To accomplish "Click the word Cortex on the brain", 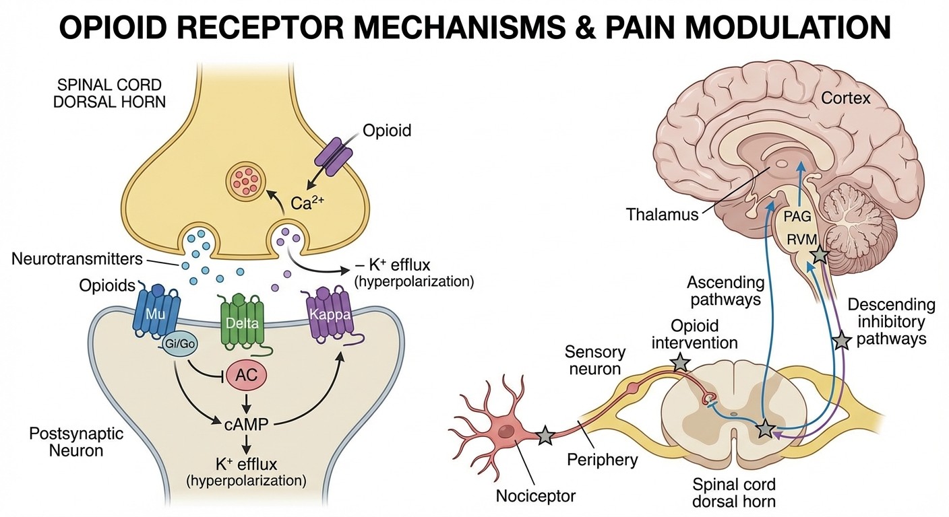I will pyautogui.click(x=845, y=99).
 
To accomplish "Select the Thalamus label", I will pyautogui.click(x=663, y=215).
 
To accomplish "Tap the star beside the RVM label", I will pyautogui.click(x=819, y=255).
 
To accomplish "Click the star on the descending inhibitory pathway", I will pyautogui.click(x=840, y=341).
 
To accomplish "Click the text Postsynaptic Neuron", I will pyautogui.click(x=66, y=442).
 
